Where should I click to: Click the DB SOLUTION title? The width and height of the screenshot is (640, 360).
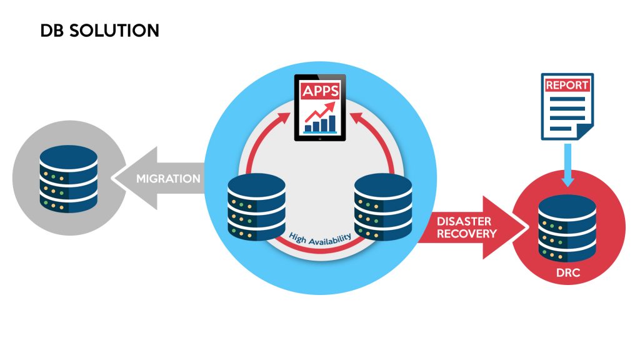coord(99,30)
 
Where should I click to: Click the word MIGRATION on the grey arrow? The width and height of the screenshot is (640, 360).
coord(168,178)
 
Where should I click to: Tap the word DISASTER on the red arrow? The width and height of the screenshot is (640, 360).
coord(463,221)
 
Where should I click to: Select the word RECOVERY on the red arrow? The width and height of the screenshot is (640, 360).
coord(466,234)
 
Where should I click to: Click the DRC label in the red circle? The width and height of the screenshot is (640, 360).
coord(567,272)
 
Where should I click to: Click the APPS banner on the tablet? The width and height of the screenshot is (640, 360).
coord(321,91)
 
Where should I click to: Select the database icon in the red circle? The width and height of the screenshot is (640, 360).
coord(567,228)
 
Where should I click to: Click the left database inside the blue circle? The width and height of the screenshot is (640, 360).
coord(257,207)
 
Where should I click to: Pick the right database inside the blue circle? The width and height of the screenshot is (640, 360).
coord(382,207)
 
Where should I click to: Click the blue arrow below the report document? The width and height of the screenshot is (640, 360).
coord(567,166)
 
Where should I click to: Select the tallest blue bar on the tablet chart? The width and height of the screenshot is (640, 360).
coord(332,124)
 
